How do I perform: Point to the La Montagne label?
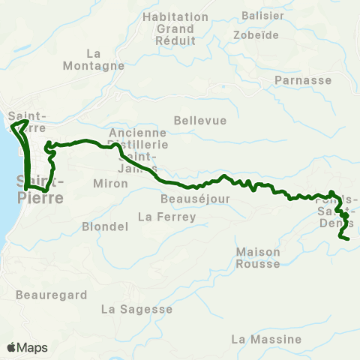pos(105,59)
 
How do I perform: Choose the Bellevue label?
pos(195,119)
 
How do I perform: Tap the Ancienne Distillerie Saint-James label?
pos(138,142)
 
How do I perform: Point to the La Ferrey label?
pos(166,217)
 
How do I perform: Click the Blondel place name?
pos(100,226)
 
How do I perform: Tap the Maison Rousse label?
pos(257,257)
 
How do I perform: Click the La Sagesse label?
pos(136,308)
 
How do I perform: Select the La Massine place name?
pos(266,340)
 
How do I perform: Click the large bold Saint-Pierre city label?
pos(39,189)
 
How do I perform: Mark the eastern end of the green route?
pos(349,238)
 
